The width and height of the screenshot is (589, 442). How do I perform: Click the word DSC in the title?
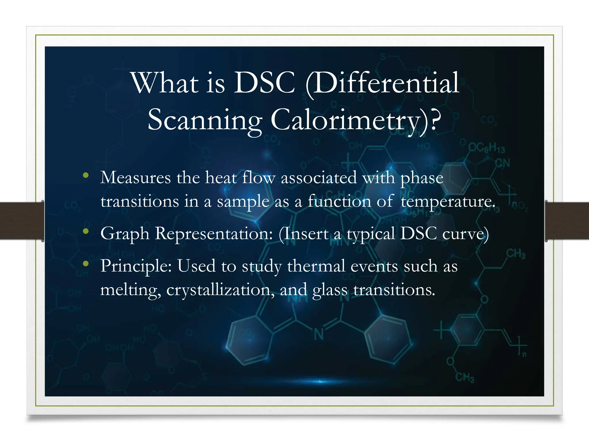[265, 83]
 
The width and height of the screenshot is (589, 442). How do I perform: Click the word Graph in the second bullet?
[125, 234]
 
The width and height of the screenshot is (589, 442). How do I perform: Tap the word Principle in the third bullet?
[136, 266]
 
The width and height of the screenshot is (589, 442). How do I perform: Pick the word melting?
[130, 290]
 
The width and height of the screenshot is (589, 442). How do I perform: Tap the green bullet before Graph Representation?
[85, 231]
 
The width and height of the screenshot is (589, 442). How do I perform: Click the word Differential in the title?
[383, 83]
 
